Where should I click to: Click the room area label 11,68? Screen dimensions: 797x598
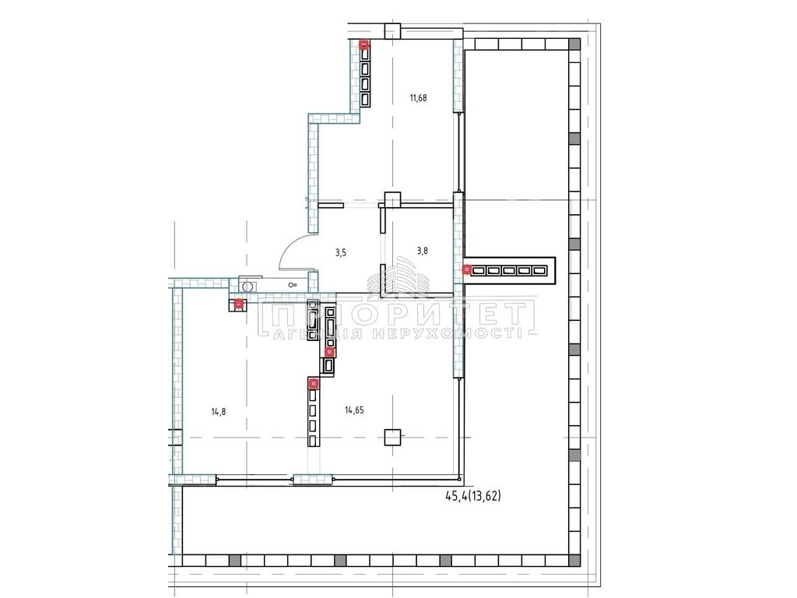point(418,97)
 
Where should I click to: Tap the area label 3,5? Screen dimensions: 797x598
point(341,252)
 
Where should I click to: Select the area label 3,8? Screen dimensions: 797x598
point(422,250)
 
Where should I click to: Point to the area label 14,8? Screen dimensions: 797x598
point(219,411)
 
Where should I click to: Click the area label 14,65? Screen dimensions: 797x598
point(354,410)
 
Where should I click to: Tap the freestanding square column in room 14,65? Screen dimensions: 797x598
point(392,437)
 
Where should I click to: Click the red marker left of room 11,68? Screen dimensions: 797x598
point(364,44)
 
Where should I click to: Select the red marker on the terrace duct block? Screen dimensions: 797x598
point(467,269)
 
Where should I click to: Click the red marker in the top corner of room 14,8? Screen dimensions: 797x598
point(238,304)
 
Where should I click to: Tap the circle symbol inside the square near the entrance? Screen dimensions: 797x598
point(248,287)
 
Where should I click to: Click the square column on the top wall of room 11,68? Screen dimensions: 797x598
point(392,31)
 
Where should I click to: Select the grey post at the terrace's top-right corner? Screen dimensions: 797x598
point(574,44)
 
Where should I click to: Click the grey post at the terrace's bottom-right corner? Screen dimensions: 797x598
point(574,561)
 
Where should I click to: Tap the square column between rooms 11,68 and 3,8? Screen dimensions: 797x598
point(392,200)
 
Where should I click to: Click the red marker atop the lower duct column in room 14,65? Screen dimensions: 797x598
point(314,383)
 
